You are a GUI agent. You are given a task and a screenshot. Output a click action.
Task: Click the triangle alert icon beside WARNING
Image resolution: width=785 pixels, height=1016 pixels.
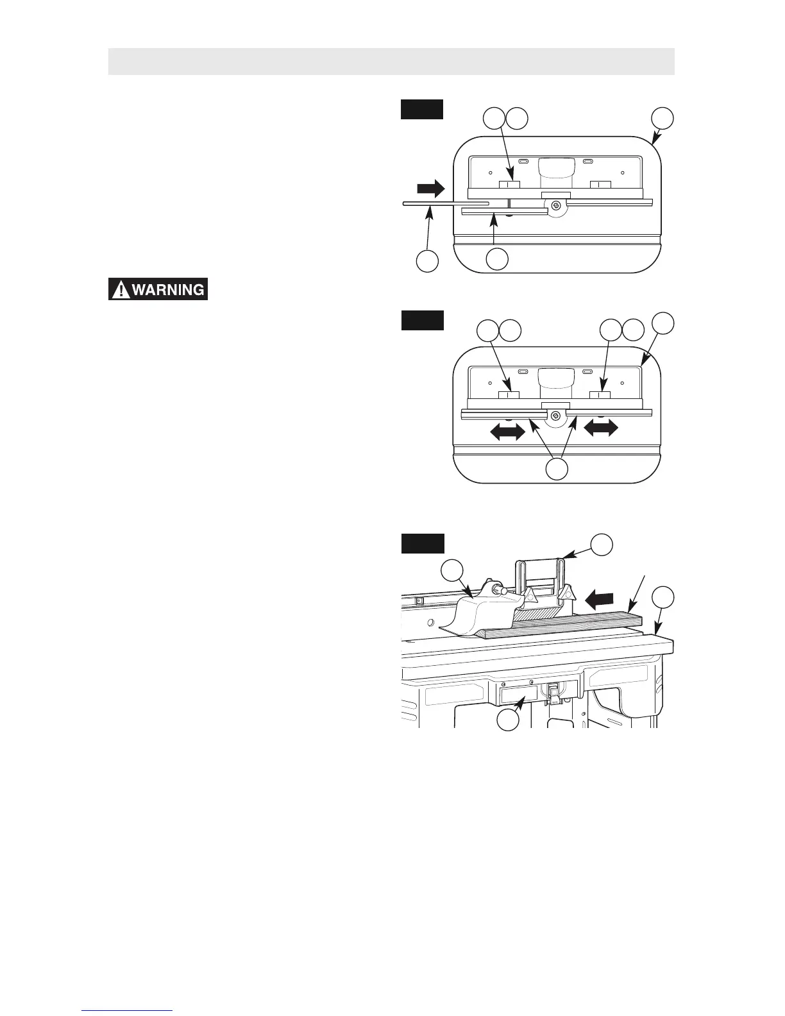coord(119,291)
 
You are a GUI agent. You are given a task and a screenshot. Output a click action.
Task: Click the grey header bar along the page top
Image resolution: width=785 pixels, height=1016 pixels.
coord(391,61)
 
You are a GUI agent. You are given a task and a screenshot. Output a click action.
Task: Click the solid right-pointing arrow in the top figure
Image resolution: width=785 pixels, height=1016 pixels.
coord(430,188)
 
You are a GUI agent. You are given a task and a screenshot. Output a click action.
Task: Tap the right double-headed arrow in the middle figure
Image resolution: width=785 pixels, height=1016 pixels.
coord(601,427)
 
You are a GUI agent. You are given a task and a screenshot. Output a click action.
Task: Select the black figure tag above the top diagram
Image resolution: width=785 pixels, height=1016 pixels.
coord(422,109)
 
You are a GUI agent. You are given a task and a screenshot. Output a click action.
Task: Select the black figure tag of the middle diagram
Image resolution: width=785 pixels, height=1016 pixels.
coord(422,320)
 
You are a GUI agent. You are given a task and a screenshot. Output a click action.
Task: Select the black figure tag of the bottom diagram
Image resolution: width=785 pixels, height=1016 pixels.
coord(422,543)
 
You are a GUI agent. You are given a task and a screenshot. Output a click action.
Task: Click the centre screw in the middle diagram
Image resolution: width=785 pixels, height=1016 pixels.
coord(557,416)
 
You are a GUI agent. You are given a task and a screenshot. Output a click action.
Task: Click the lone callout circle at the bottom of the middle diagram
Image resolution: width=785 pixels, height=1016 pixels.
coord(556,469)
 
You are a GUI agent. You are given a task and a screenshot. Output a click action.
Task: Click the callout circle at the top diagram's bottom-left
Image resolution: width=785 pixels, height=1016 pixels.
coord(427,261)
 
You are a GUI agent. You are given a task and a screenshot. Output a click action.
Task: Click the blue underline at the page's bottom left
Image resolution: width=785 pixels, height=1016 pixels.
coord(128,1010)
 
